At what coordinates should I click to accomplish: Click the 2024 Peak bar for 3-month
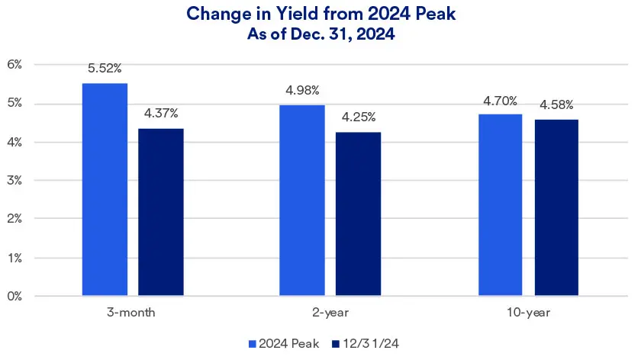[x=105, y=189]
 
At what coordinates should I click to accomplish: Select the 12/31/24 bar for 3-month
[x=160, y=211]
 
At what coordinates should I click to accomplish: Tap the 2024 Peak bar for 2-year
[x=302, y=200]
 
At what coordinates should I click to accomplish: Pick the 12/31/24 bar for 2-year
[x=358, y=214]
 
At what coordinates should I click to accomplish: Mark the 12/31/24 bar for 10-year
[x=556, y=207]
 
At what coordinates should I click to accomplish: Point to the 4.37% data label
[x=161, y=114]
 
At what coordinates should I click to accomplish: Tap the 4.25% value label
[x=359, y=117]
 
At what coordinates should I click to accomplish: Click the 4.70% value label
[x=501, y=101]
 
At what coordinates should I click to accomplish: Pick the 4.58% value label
[x=556, y=104]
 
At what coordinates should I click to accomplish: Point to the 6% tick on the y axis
[x=15, y=65]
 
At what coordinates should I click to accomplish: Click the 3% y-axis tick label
[x=15, y=181]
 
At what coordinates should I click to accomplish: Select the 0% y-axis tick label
[x=15, y=296]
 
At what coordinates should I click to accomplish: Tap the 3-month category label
[x=132, y=313]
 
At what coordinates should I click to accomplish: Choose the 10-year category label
[x=527, y=313]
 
